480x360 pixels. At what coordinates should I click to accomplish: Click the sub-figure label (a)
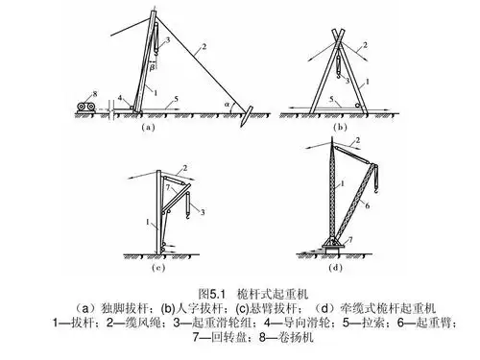pyautogui.click(x=146, y=126)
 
